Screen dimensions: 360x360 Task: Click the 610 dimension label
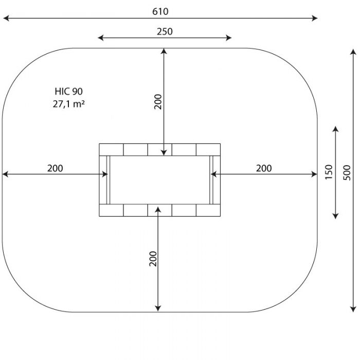tap(160, 11)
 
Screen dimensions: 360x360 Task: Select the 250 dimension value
tap(165, 32)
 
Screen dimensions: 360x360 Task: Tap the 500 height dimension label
tap(347, 173)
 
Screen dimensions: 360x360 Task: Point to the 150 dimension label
tap(329, 172)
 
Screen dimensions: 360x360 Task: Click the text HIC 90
tap(68, 92)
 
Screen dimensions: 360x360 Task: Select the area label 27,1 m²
tap(68, 104)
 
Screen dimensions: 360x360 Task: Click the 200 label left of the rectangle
tap(55, 168)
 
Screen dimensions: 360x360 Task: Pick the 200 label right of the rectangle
tap(264, 168)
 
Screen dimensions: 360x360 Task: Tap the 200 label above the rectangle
tap(158, 102)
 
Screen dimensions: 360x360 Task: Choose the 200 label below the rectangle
tap(153, 259)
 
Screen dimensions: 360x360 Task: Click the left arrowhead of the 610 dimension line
tap(6, 18)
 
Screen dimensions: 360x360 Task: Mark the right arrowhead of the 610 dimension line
tap(315, 18)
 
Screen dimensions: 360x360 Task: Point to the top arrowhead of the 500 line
tap(353, 51)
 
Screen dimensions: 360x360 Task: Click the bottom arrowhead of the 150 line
tap(336, 216)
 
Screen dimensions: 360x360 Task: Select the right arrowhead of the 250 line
tap(228, 38)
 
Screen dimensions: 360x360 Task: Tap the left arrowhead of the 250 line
tap(101, 38)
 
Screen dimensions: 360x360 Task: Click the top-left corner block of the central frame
tap(112, 150)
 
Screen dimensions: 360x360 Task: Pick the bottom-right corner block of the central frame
tap(208, 210)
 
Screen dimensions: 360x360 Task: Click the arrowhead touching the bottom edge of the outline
tap(158, 309)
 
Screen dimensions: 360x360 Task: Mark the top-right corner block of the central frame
tap(208, 150)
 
